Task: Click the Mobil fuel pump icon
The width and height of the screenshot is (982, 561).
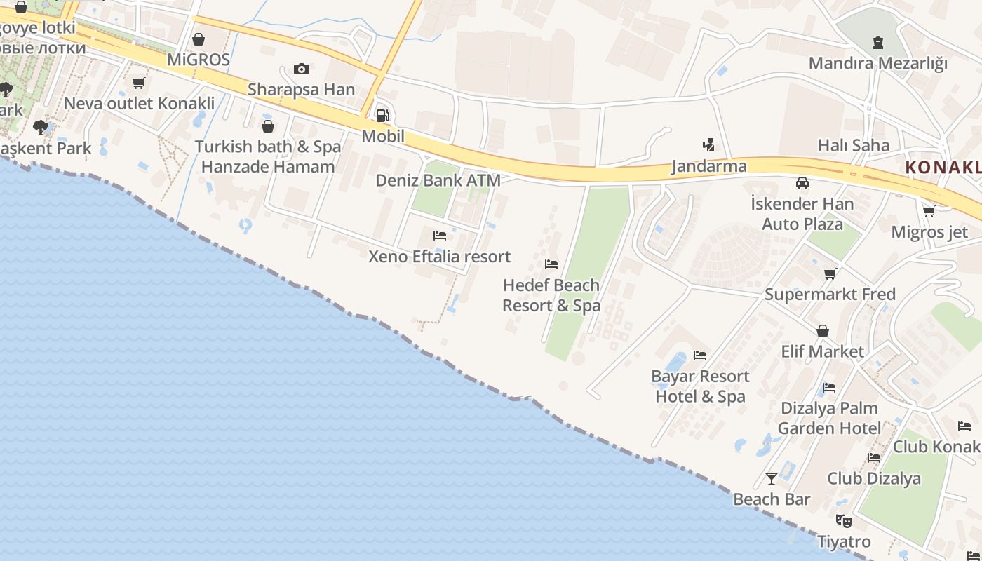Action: [382, 115]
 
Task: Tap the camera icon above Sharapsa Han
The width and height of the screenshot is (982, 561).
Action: [302, 69]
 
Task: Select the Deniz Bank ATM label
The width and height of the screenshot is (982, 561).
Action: [438, 180]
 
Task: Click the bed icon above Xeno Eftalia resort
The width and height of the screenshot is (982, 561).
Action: [440, 236]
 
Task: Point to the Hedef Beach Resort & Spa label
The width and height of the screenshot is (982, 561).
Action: [551, 295]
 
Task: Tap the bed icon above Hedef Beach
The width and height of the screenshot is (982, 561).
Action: [551, 264]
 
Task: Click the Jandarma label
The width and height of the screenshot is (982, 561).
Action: [709, 167]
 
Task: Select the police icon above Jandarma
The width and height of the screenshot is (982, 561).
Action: [708, 146]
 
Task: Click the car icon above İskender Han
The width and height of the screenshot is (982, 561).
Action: [802, 184]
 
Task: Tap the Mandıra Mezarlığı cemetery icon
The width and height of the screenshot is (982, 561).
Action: [878, 43]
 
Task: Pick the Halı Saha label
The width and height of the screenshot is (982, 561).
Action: [854, 146]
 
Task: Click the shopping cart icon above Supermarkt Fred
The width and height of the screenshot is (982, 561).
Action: [830, 273]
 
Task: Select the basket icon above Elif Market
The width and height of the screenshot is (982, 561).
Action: [823, 331]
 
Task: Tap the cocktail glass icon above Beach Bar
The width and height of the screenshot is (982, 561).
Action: [772, 479]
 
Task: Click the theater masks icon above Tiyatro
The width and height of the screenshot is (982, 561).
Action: [844, 521]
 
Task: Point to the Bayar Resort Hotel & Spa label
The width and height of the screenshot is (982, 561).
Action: [700, 386]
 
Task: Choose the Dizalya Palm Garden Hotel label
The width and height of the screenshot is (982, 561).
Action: [829, 418]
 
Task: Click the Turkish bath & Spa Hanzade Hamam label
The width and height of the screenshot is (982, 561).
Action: [267, 156]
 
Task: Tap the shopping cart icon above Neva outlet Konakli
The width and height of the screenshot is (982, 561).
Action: [139, 83]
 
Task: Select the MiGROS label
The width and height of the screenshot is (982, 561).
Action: [199, 60]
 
